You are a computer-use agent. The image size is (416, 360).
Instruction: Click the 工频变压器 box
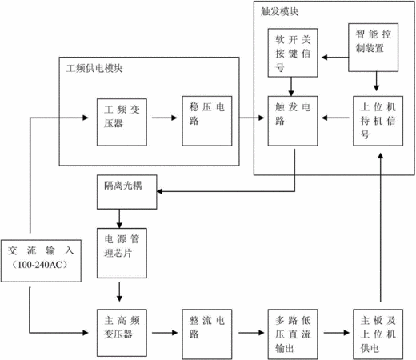click(x=122, y=122)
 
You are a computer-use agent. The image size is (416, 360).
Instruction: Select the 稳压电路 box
click(x=207, y=121)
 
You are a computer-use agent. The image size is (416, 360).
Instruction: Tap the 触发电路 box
click(x=293, y=121)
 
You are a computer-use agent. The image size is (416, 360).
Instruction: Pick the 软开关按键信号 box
click(x=293, y=53)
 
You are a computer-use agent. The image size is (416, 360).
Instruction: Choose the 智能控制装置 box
click(x=374, y=47)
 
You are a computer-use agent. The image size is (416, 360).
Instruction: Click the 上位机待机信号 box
click(x=378, y=121)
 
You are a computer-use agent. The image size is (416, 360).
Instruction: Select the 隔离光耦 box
click(x=126, y=192)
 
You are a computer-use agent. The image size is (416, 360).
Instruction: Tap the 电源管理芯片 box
click(x=122, y=253)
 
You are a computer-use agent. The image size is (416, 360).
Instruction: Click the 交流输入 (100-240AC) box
click(x=41, y=261)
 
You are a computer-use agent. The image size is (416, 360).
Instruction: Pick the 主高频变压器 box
click(x=122, y=333)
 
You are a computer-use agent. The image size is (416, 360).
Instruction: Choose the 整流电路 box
click(x=207, y=334)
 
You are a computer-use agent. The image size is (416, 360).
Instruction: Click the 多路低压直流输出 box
click(x=293, y=334)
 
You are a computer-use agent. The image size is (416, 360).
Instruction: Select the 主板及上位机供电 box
click(x=378, y=334)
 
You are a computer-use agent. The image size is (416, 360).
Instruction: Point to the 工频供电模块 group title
click(x=94, y=69)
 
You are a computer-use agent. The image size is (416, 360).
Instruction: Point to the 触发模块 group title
click(x=279, y=11)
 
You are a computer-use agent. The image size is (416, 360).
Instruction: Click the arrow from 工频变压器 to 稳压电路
click(x=165, y=118)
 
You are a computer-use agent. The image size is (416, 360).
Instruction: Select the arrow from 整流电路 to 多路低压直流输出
click(x=251, y=333)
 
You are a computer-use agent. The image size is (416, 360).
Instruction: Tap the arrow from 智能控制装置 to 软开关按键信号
click(x=335, y=58)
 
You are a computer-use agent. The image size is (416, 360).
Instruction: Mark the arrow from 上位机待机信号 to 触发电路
click(x=335, y=118)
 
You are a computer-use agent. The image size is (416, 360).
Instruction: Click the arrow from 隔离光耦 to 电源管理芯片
click(x=119, y=218)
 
